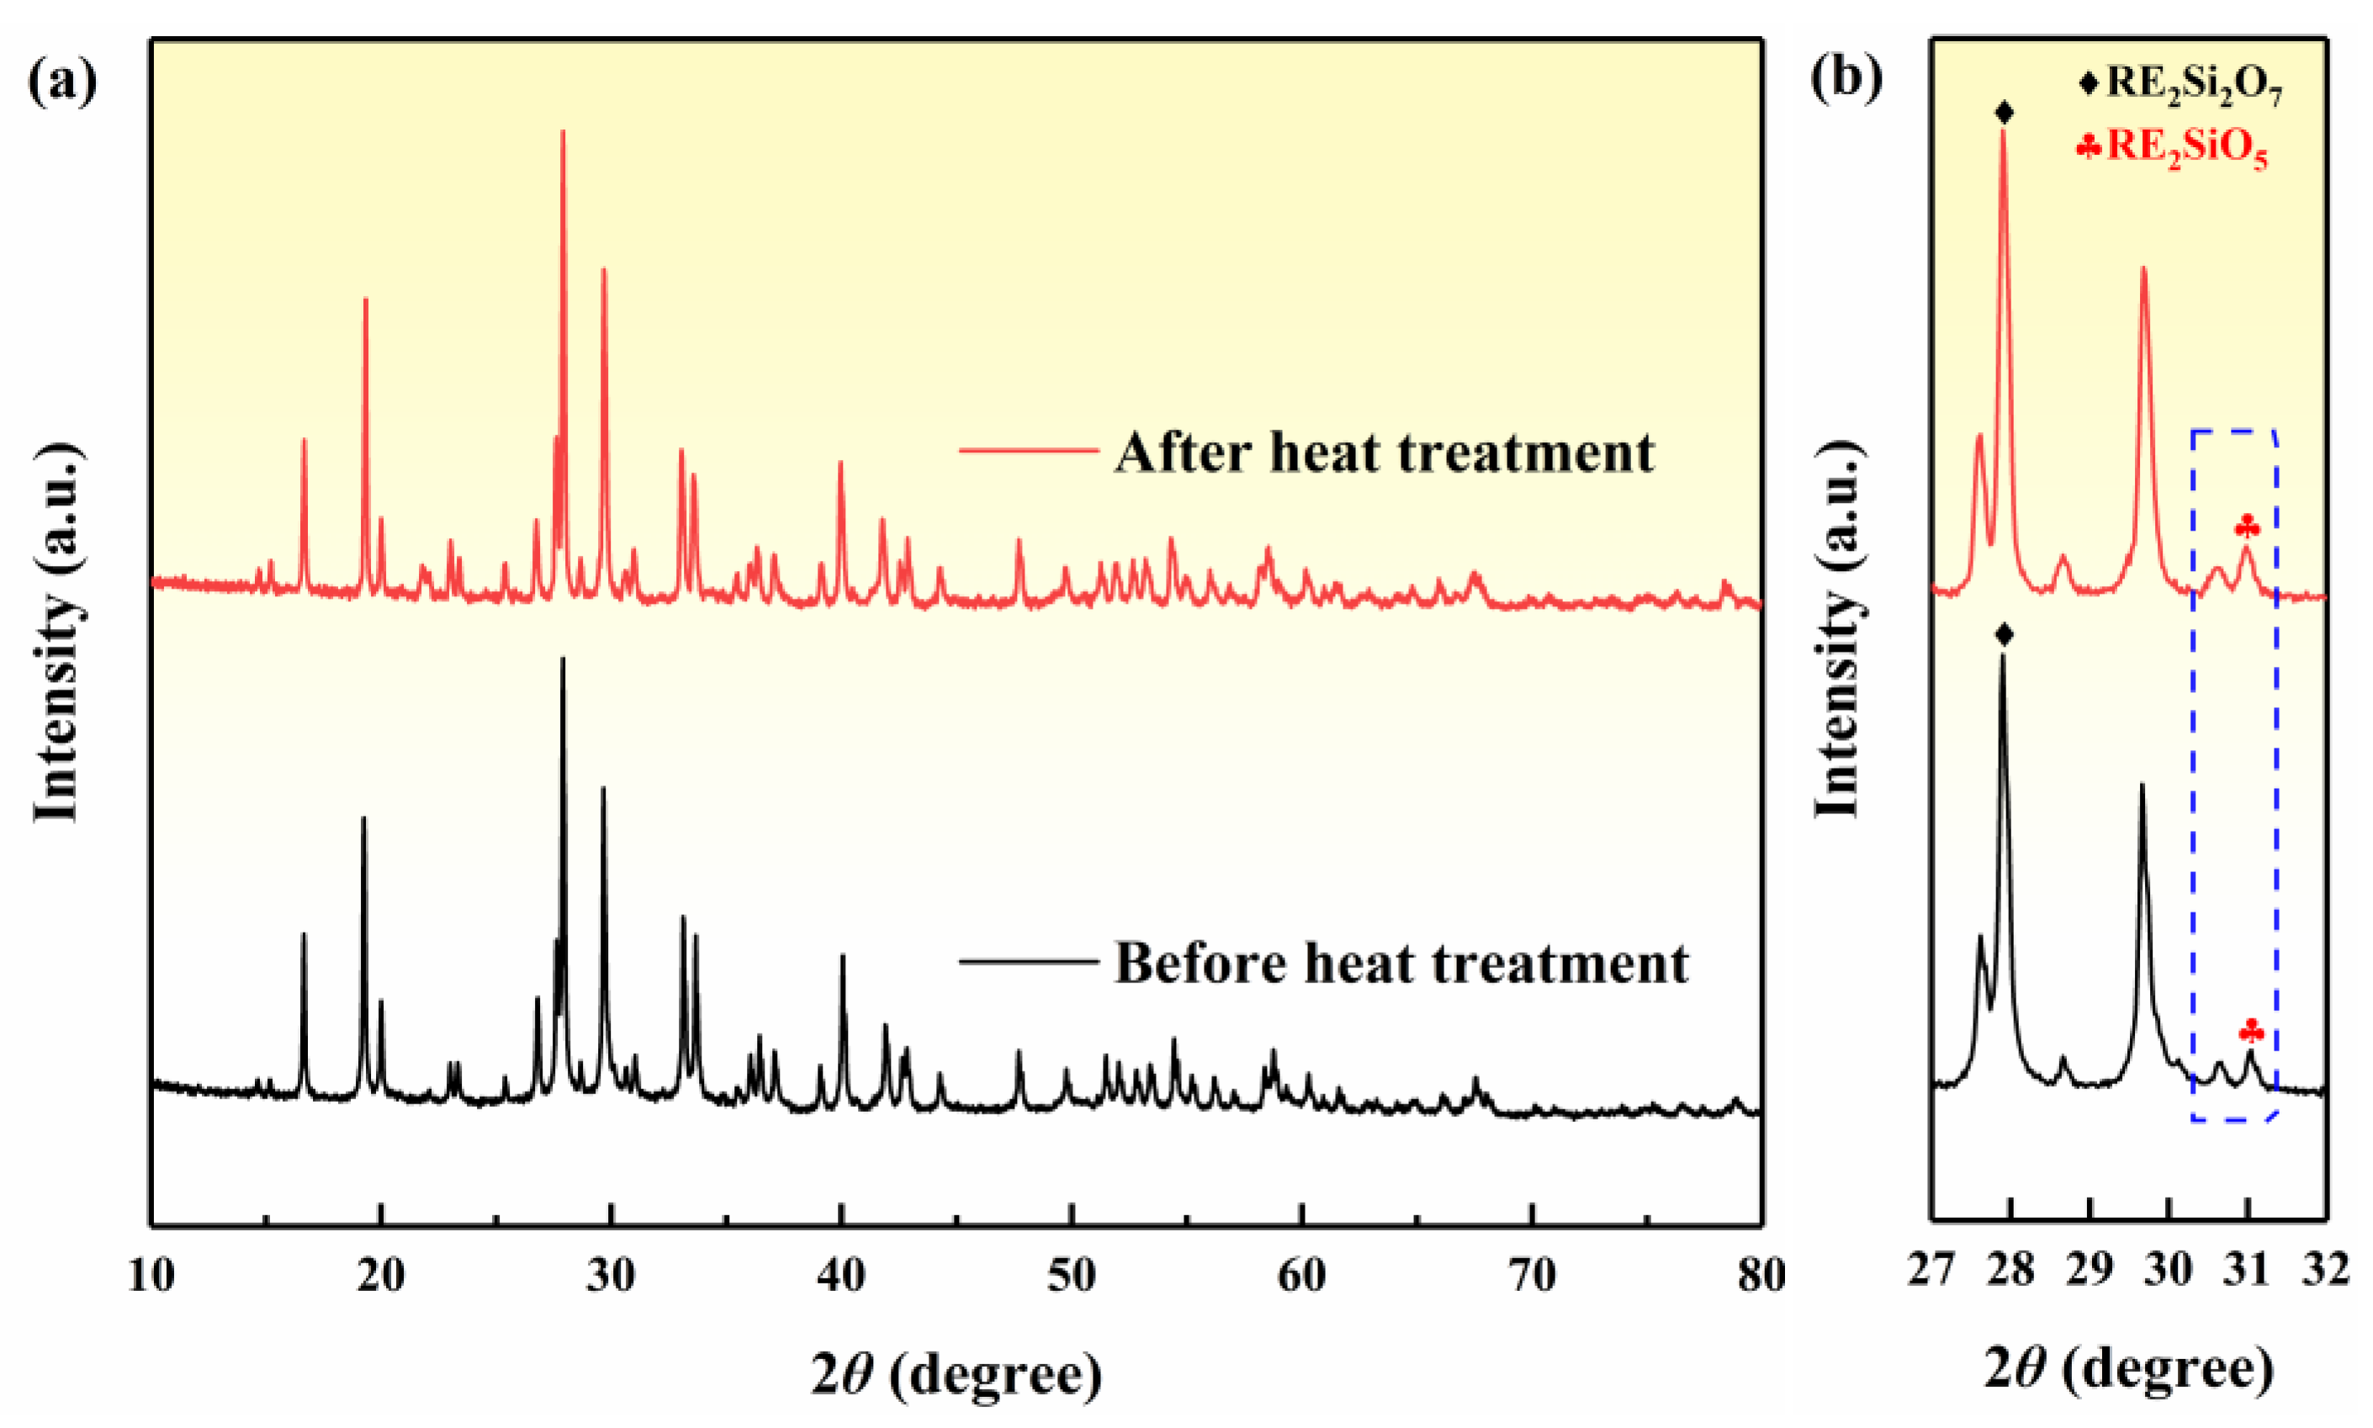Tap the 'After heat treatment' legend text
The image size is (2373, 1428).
(x=1385, y=452)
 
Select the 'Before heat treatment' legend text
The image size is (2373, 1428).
(x=1401, y=962)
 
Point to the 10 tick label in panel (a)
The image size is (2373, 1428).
(x=151, y=1275)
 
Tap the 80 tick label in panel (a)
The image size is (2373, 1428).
(x=1761, y=1275)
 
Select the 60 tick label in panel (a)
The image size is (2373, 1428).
(x=1301, y=1275)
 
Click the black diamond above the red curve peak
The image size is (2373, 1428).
(x=2005, y=113)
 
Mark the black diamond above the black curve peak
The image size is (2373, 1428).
(x=2005, y=634)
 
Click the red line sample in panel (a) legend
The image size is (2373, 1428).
(x=1029, y=449)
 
